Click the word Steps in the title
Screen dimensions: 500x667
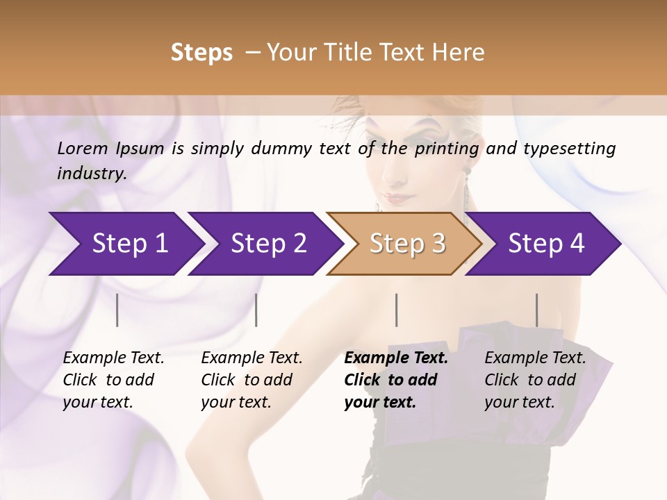coord(201,53)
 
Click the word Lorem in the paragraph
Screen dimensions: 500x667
coord(83,148)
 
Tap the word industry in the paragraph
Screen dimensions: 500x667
coord(91,174)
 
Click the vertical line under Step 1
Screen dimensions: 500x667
coord(117,310)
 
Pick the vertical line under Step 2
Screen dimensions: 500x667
coord(256,310)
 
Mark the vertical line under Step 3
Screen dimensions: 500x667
coord(397,310)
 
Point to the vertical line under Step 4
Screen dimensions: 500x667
coord(536,310)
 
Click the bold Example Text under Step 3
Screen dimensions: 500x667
coord(396,358)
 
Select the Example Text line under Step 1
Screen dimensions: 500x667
coord(113,358)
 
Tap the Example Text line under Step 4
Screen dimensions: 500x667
coord(535,358)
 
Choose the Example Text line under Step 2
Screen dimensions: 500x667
coord(252,358)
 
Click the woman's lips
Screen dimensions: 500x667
coord(400,198)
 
